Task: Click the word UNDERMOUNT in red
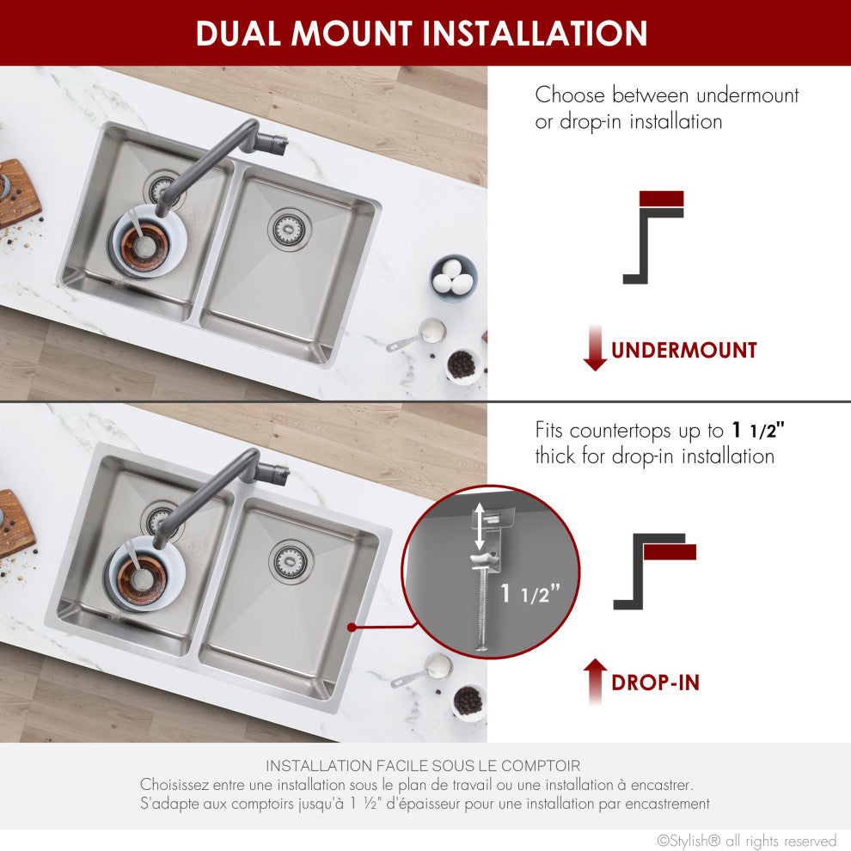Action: tap(683, 351)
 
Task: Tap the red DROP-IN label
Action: tap(655, 683)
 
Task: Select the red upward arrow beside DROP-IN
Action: tap(595, 682)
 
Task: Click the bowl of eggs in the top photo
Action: tap(453, 277)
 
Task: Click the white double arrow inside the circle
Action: tap(480, 527)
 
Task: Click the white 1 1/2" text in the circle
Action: tap(530, 592)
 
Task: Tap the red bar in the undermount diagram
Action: tap(662, 199)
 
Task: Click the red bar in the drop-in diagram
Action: tap(670, 552)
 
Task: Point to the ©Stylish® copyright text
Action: tap(746, 841)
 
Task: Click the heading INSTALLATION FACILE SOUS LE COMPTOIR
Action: tap(423, 765)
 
